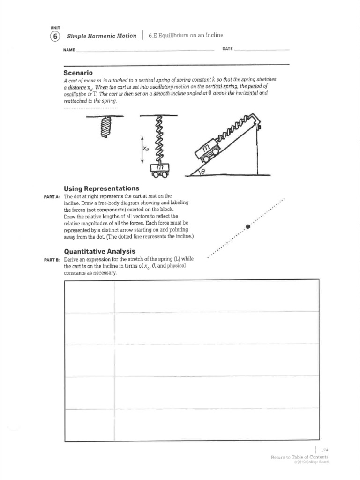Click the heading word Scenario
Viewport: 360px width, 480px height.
click(78, 73)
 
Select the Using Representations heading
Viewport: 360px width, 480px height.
click(101, 188)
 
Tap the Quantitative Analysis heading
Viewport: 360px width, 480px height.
click(99, 251)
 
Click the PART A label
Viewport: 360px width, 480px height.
click(51, 196)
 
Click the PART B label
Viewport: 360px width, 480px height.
click(51, 260)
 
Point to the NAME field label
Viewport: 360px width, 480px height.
click(69, 49)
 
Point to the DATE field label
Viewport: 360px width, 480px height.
click(227, 49)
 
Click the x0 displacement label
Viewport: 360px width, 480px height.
click(146, 149)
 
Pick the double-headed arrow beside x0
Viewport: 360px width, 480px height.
click(142, 149)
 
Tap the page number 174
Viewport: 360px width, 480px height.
click(324, 450)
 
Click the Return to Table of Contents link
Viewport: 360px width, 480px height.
click(299, 457)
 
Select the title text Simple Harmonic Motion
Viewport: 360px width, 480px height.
click(101, 36)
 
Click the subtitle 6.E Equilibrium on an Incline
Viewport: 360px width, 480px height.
click(186, 36)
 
